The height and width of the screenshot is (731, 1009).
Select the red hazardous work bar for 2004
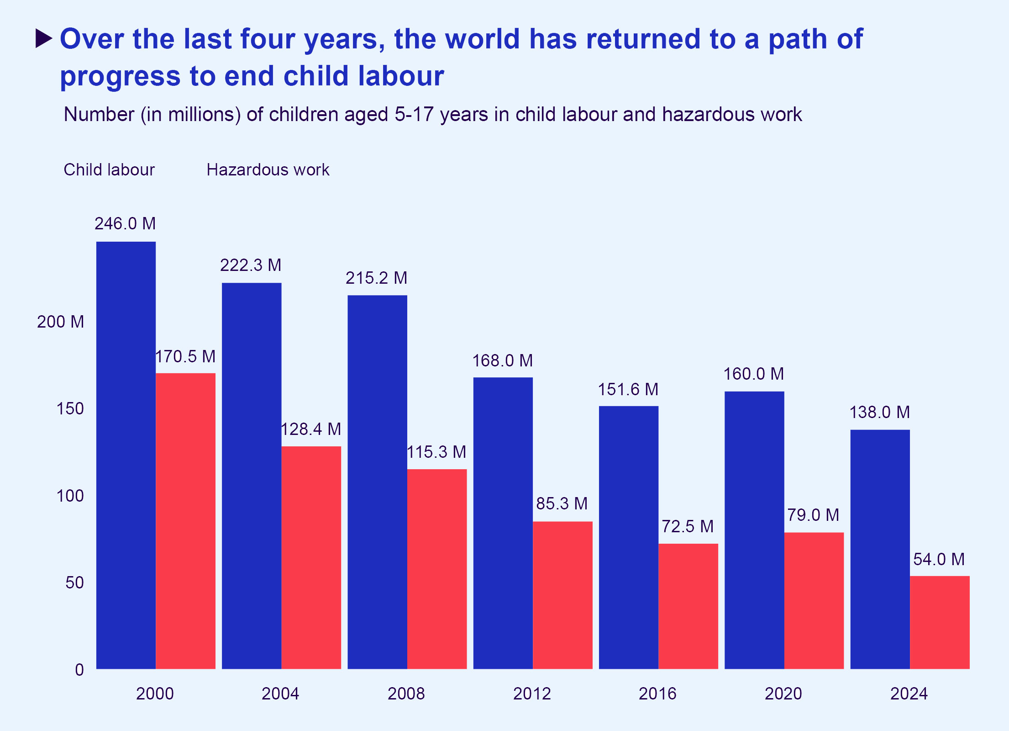pyautogui.click(x=311, y=557)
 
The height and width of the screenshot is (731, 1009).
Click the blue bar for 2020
pyautogui.click(x=754, y=530)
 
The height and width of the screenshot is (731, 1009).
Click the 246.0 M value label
pyautogui.click(x=125, y=224)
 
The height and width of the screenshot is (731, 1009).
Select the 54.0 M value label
pyautogui.click(x=939, y=559)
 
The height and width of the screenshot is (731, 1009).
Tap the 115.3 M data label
pyautogui.click(x=436, y=452)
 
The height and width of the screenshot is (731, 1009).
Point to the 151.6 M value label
pyautogui.click(x=628, y=390)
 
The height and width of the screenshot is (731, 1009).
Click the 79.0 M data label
pyautogui.click(x=813, y=515)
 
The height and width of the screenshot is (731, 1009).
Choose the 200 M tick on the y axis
pyautogui.click(x=61, y=322)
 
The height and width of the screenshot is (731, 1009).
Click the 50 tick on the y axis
pyautogui.click(x=74, y=583)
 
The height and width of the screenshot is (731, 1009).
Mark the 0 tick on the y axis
pyautogui.click(x=79, y=670)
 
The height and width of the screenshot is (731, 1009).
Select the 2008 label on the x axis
pyautogui.click(x=406, y=694)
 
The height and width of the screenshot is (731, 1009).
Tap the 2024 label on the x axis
pyautogui.click(x=909, y=694)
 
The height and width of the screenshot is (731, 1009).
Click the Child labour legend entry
pyautogui.click(x=109, y=170)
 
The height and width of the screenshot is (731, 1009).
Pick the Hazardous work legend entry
pyautogui.click(x=268, y=170)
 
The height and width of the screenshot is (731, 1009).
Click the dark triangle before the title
pyautogui.click(x=44, y=39)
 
